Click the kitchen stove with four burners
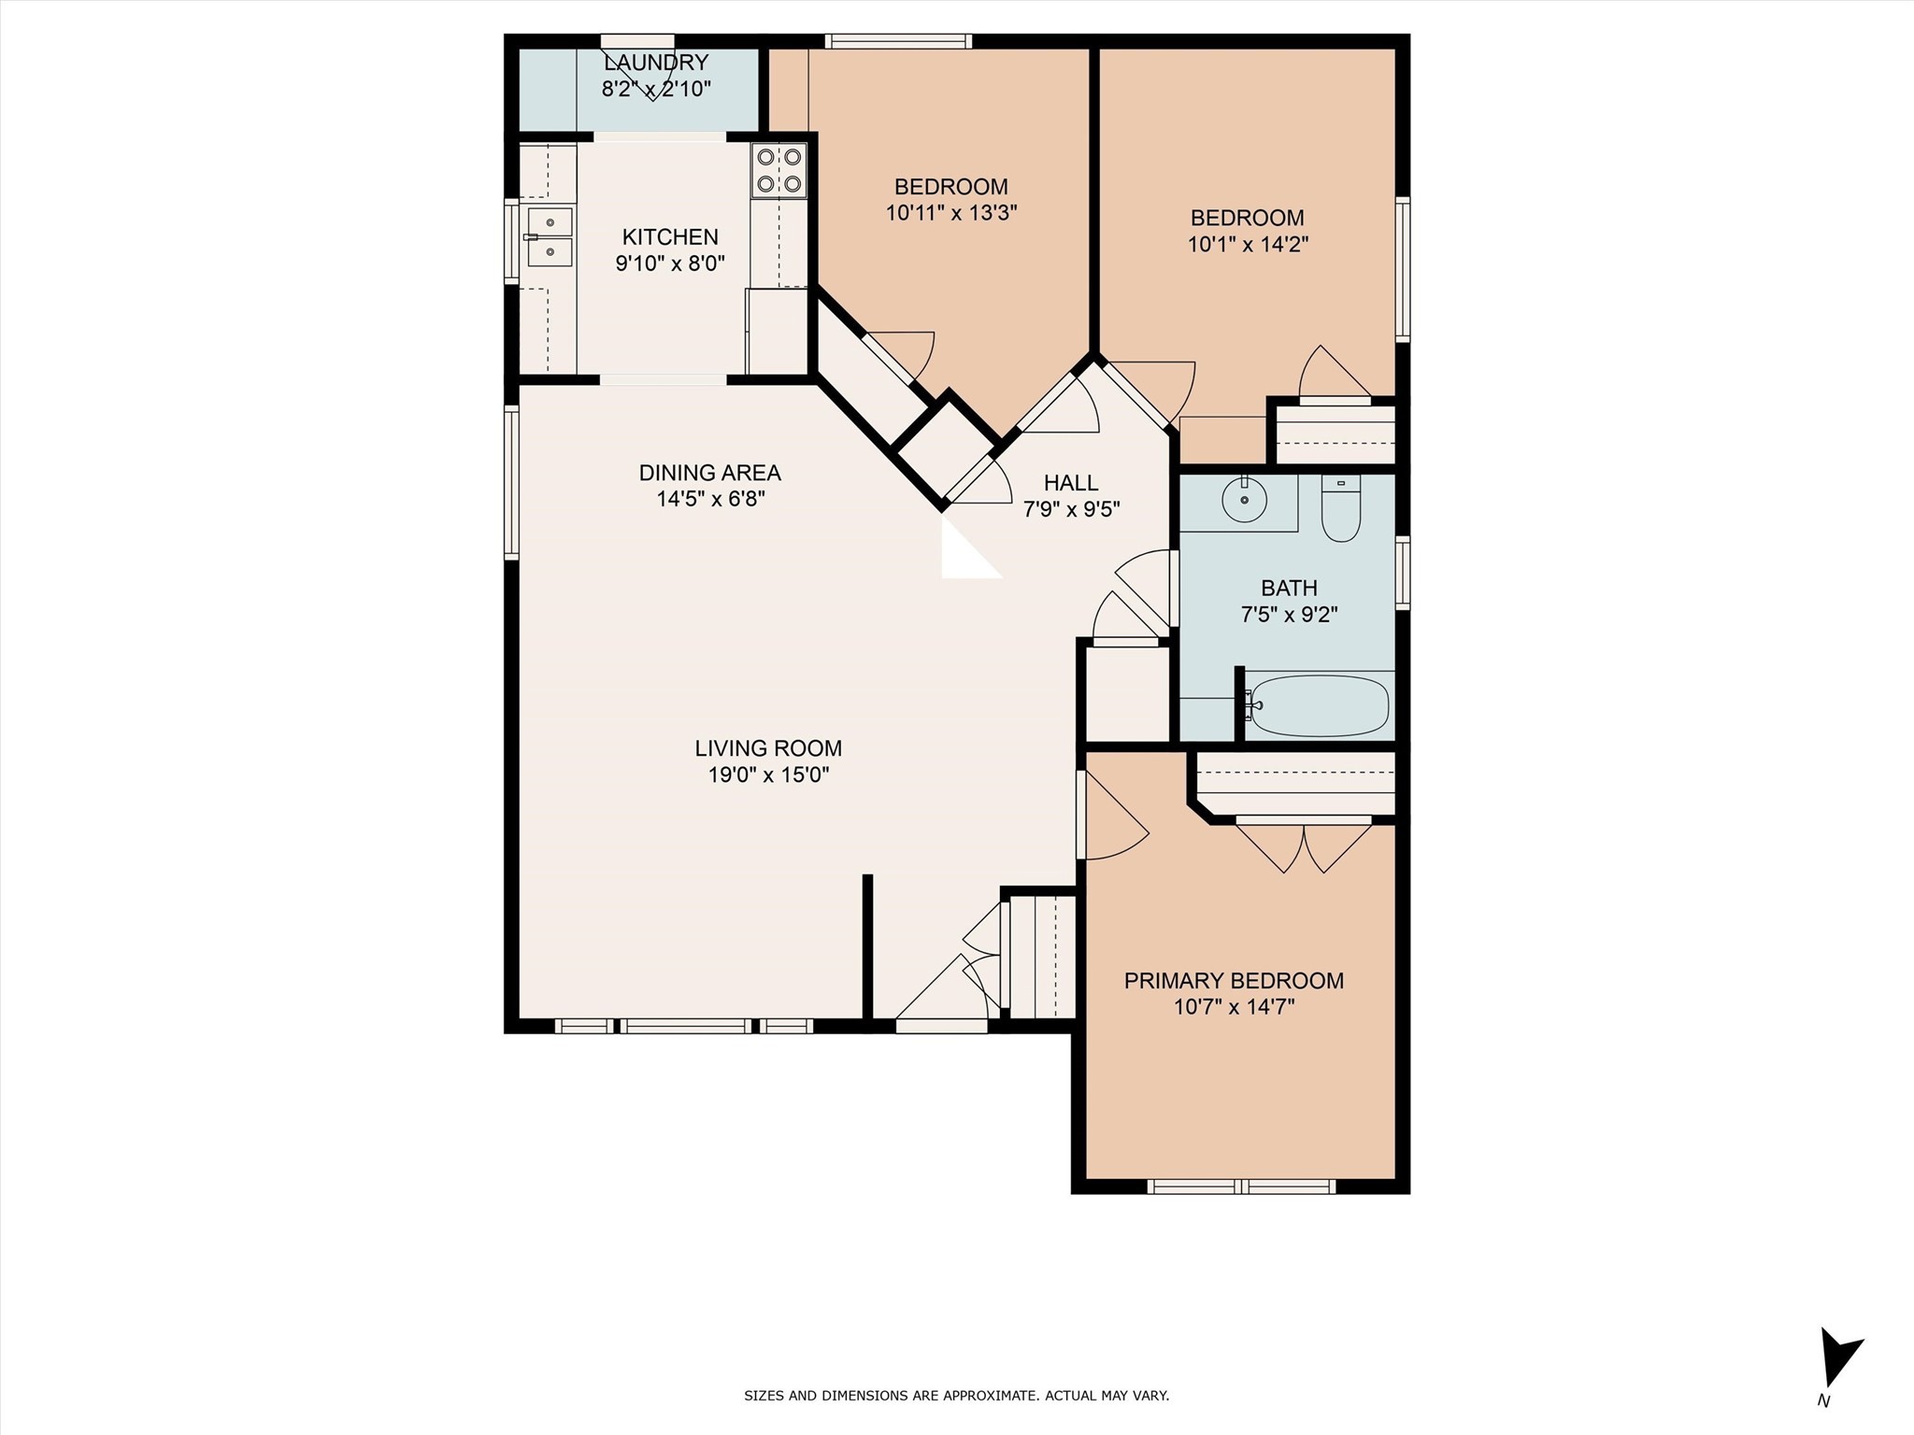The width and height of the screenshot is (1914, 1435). (778, 170)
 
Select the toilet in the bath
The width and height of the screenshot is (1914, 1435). (1340, 510)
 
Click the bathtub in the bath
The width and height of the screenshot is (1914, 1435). (1319, 705)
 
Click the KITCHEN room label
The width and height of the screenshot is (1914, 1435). (670, 237)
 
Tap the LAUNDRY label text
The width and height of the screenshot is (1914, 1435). (656, 64)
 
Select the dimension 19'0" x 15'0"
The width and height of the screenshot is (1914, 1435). (768, 774)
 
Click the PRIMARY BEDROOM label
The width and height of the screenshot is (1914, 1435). (1234, 981)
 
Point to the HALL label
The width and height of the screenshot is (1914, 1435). (1071, 483)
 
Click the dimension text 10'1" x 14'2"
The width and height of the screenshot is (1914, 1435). (1248, 245)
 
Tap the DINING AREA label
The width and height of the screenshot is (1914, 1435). (709, 473)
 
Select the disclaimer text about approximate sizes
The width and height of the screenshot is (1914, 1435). (956, 1396)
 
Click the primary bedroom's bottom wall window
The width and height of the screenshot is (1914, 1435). (1240, 1186)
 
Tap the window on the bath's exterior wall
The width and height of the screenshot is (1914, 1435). (1402, 573)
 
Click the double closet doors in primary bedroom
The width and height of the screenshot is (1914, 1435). (1304, 845)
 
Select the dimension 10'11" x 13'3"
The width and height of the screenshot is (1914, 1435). (950, 213)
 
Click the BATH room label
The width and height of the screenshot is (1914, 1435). (1289, 589)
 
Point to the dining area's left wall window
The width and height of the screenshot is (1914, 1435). (511, 482)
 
